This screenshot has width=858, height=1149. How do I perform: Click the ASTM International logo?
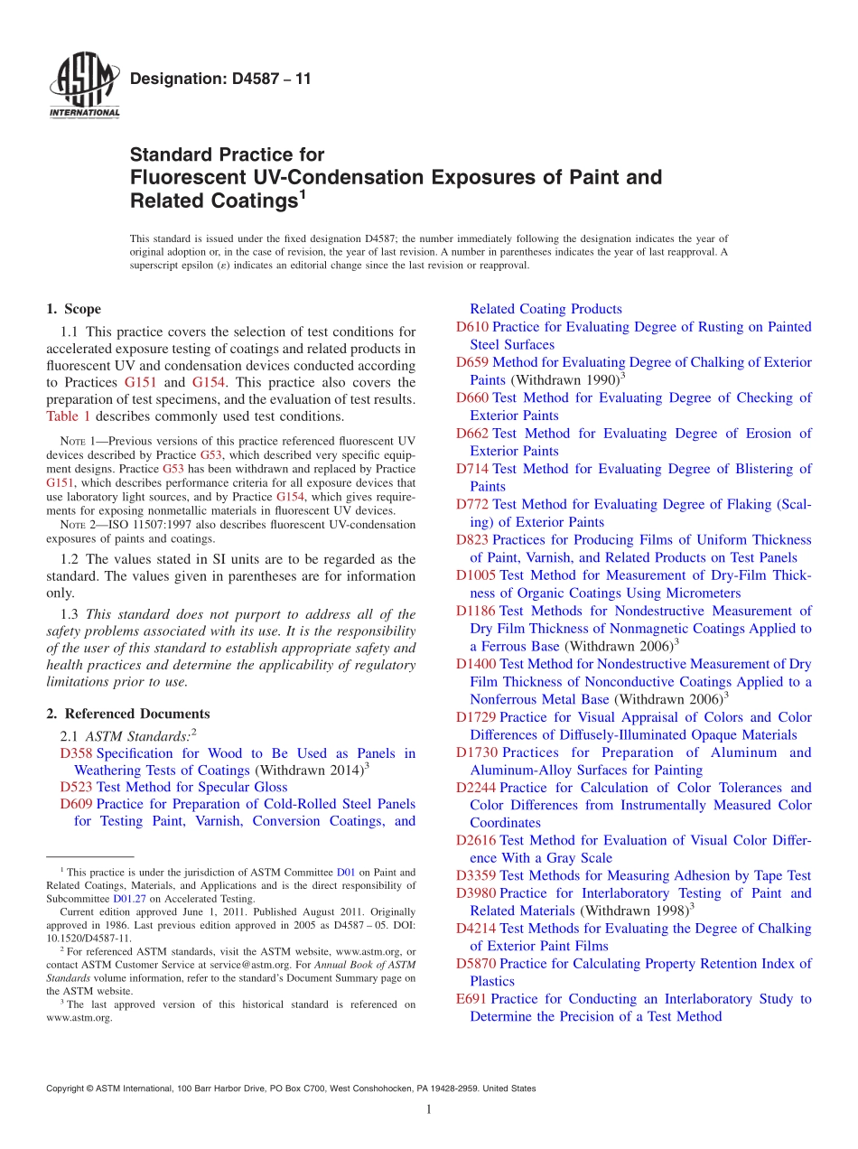[x=83, y=86]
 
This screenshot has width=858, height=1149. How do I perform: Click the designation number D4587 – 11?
[x=220, y=79]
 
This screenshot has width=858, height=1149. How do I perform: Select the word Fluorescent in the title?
[x=180, y=177]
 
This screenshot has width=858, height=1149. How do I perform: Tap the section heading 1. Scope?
[x=74, y=309]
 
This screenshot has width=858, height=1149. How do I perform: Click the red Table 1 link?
[x=68, y=416]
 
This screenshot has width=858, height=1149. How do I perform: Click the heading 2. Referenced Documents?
[x=127, y=714]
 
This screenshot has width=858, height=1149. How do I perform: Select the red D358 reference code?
[x=76, y=753]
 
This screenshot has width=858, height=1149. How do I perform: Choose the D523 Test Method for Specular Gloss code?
[x=76, y=787]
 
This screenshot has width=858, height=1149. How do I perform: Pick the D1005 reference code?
[x=476, y=575]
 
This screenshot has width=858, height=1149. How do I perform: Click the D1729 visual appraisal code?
[x=476, y=717]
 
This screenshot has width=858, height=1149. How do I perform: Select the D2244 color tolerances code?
[x=476, y=788]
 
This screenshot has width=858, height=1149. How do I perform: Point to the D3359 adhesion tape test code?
[x=476, y=875]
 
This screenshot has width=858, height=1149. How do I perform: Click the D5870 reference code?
[x=476, y=964]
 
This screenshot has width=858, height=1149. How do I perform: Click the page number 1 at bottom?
[x=429, y=1110]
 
